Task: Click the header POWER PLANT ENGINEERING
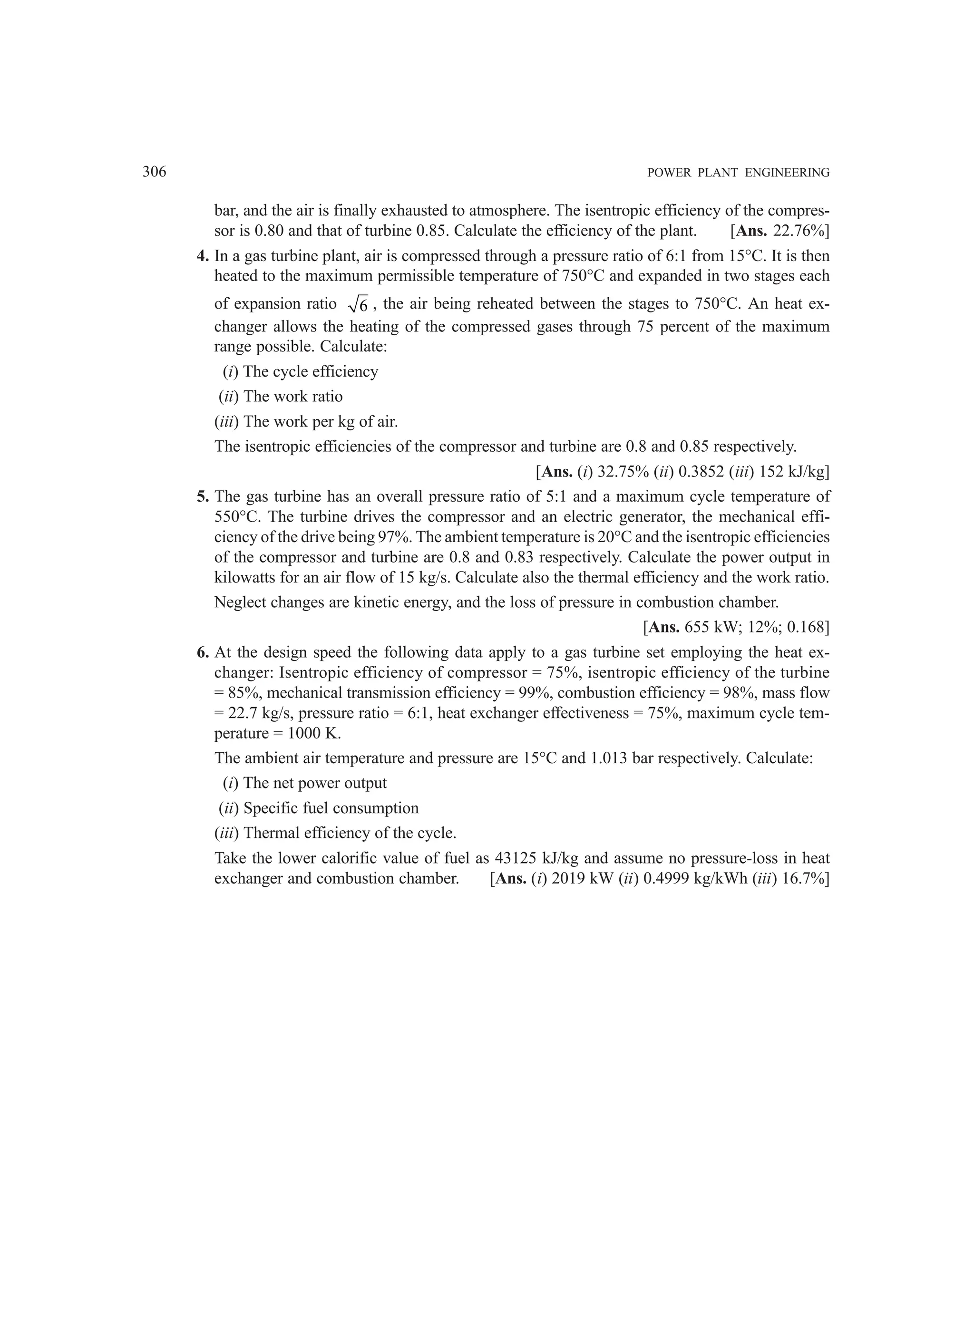click(738, 173)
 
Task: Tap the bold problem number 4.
click(203, 256)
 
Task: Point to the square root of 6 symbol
click(359, 304)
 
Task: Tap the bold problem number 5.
click(203, 497)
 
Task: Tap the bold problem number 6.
click(203, 653)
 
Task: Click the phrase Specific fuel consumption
click(331, 808)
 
